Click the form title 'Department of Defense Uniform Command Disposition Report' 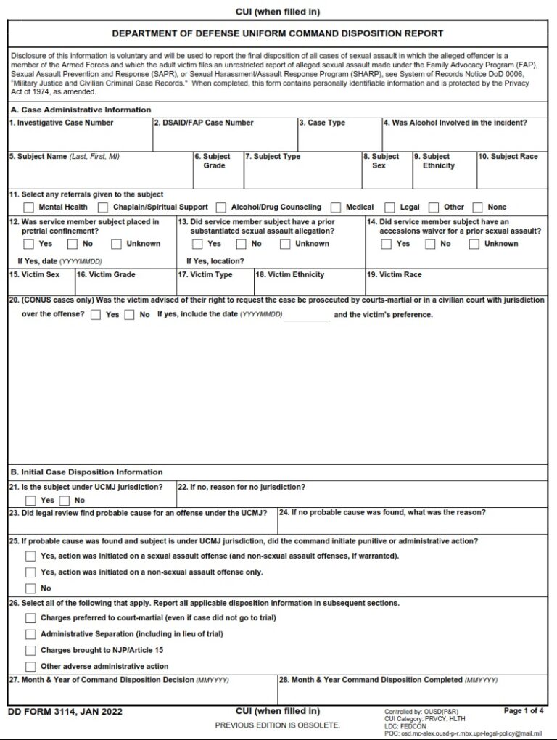(x=278, y=33)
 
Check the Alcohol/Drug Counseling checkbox (x=221, y=207)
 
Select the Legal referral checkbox (x=390, y=207)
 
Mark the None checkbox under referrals (x=478, y=207)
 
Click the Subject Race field (x=512, y=174)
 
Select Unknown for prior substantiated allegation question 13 (x=286, y=244)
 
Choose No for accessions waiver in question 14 (x=430, y=244)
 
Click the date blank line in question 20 (x=307, y=316)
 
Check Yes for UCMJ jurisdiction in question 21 (x=30, y=501)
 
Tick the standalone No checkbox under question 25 (x=30, y=588)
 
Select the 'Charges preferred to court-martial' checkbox (x=30, y=618)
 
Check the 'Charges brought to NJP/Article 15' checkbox (x=30, y=651)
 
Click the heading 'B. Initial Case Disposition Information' (x=86, y=472)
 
